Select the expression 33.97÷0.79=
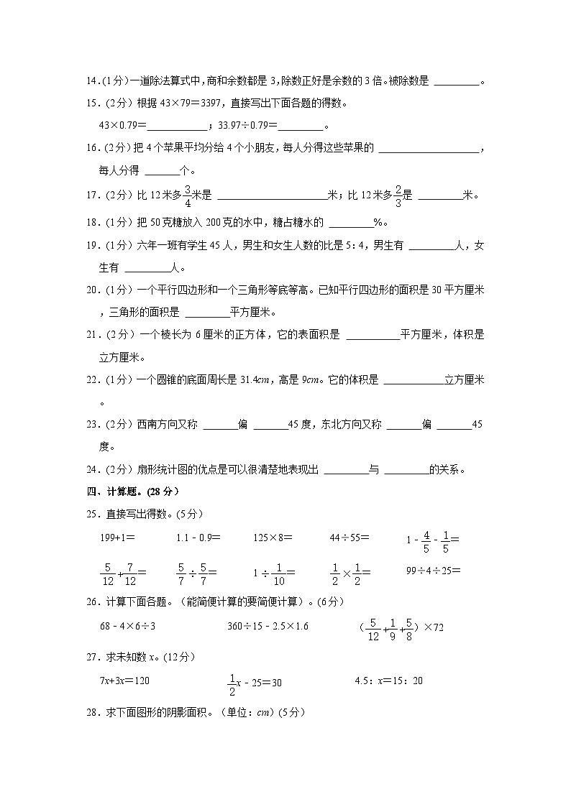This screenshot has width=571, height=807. [246, 126]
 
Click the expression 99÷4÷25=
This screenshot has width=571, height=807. [433, 571]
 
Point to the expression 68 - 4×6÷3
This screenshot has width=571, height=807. [128, 626]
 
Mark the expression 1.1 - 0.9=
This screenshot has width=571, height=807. [198, 537]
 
